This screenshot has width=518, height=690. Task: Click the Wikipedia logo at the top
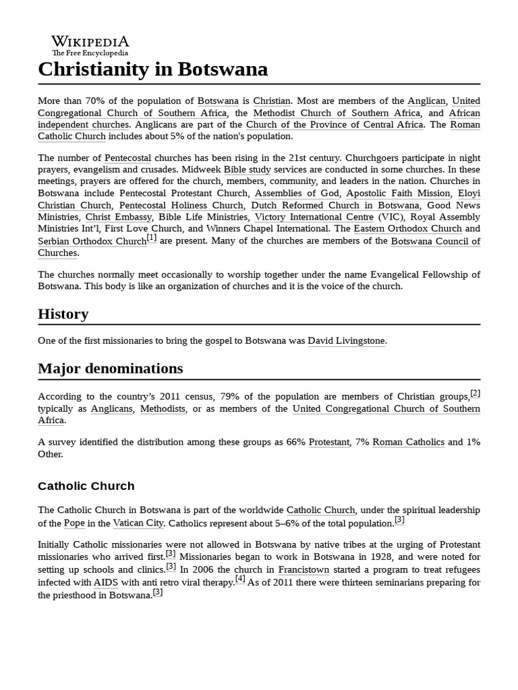pos(90,45)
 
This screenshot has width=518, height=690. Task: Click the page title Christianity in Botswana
pos(152,69)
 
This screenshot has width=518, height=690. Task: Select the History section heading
pos(63,314)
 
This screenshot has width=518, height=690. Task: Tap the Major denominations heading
pos(111,369)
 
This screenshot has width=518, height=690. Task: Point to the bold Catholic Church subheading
pos(86,486)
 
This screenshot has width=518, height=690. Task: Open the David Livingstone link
pos(347,341)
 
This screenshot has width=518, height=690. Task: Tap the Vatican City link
pos(138,524)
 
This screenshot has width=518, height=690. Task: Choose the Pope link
pos(74,524)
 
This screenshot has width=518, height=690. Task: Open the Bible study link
pos(247,170)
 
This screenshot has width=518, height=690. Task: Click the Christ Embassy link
pos(119,217)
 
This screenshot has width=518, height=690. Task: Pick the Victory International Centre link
pos(314,217)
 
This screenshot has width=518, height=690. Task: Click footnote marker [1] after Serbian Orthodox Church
pos(152,238)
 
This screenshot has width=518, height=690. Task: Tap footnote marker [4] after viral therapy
pos(240,579)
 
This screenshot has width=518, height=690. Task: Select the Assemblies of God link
pos(297,193)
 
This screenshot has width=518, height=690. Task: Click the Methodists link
pos(163,409)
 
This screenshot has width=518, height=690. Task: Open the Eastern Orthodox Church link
pos(408,229)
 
